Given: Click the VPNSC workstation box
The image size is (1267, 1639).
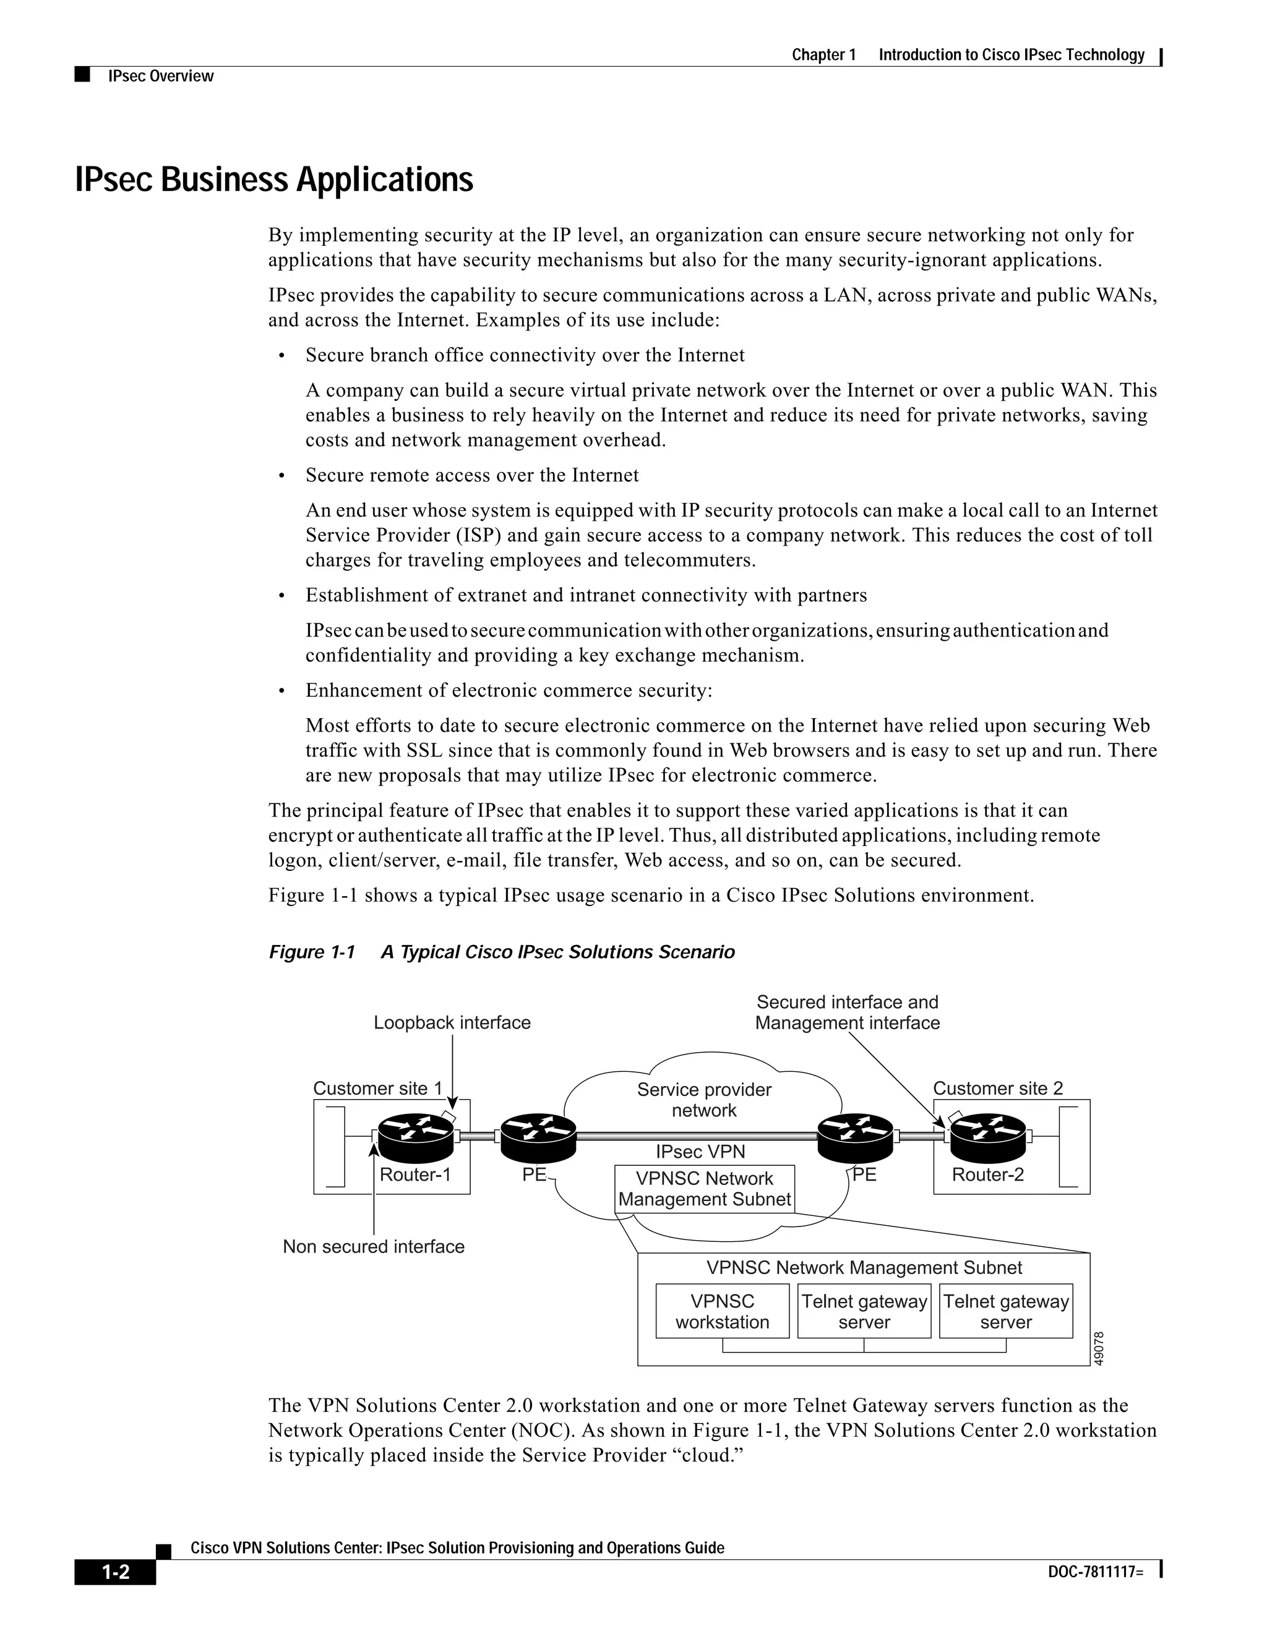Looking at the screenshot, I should pyautogui.click(x=722, y=1311).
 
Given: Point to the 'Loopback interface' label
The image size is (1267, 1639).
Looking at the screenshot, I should pyautogui.click(x=452, y=1023).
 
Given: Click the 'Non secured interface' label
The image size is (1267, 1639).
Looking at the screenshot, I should pyautogui.click(x=373, y=1246).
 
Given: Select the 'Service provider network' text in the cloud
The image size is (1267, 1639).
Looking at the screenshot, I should pyautogui.click(x=704, y=1100).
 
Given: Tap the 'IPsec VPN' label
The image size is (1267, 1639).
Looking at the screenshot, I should pyautogui.click(x=700, y=1151).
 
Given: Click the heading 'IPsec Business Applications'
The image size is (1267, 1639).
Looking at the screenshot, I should pyautogui.click(x=274, y=180).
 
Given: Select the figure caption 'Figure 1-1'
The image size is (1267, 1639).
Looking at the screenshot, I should pyautogui.click(x=312, y=952).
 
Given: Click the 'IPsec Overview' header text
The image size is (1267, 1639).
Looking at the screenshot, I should pyautogui.click(x=161, y=76).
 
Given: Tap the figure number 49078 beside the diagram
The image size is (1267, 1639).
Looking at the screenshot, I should pyautogui.click(x=1099, y=1348).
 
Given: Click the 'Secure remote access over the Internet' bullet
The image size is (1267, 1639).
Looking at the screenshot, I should pyautogui.click(x=472, y=475).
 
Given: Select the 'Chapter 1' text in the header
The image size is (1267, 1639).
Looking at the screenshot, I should pyautogui.click(x=823, y=55).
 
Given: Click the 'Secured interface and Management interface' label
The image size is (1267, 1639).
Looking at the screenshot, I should pyautogui.click(x=848, y=1012).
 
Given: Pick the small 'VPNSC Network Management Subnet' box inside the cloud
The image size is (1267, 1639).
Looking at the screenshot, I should pyautogui.click(x=704, y=1189).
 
